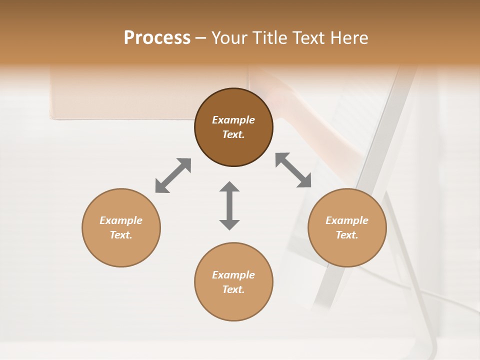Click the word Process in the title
click(157, 38)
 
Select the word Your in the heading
click(231, 38)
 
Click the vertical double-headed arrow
click(229, 205)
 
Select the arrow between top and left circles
click(173, 175)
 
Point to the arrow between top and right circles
click(293, 170)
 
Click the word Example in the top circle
click(233, 120)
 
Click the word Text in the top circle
click(233, 134)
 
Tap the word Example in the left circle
click(121, 220)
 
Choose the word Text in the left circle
click(121, 235)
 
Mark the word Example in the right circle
click(347, 220)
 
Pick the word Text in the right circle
click(347, 235)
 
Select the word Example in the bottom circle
click(233, 275)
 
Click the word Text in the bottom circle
click(233, 289)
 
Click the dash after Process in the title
click(200, 38)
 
